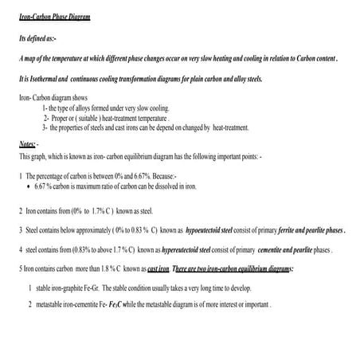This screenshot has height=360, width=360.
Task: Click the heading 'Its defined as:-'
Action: pos(37,38)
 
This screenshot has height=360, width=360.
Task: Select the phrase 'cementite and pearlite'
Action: pos(279,249)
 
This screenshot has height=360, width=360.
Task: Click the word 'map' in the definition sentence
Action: pos(31,59)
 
